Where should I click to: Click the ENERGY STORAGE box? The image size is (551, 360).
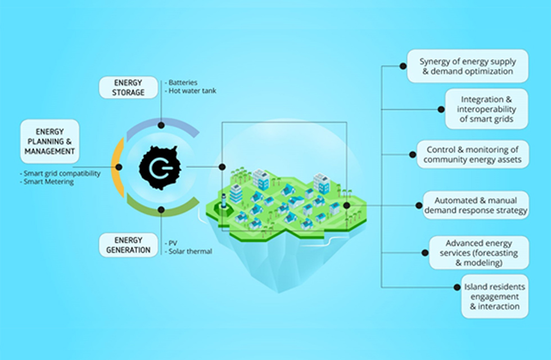(x=128, y=88)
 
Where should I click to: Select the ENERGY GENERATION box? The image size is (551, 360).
(x=128, y=245)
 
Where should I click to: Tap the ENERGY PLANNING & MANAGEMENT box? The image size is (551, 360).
(x=49, y=141)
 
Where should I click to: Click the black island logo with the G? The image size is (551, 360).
(x=160, y=168)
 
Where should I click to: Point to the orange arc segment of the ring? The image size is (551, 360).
(x=118, y=168)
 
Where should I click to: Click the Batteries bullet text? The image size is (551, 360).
(x=181, y=83)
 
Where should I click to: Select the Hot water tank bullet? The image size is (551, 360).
(x=191, y=91)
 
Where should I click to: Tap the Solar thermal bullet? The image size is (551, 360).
(x=188, y=251)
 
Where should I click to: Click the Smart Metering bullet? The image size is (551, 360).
(x=47, y=182)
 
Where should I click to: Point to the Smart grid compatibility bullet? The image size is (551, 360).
(x=60, y=173)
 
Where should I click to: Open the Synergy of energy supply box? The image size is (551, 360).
(x=467, y=66)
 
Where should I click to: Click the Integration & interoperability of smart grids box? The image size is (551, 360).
(x=486, y=109)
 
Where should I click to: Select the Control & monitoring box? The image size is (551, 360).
(x=472, y=154)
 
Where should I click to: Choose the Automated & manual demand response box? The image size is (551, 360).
(x=476, y=205)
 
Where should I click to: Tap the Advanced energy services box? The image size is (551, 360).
(x=478, y=253)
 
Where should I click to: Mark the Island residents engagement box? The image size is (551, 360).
(x=495, y=296)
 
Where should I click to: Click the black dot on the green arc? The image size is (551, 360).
(x=161, y=210)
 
